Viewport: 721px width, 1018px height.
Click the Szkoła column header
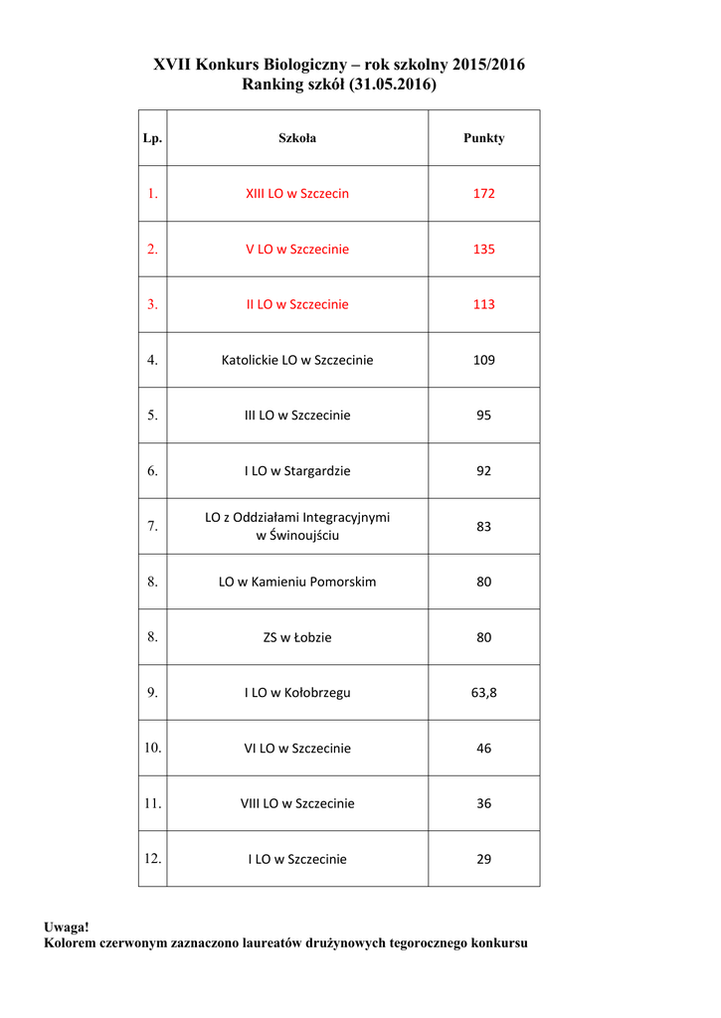tap(297, 138)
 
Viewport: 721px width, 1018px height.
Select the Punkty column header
tap(483, 138)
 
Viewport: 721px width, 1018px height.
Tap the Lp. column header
tap(152, 138)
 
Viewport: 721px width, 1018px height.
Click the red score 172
tap(483, 194)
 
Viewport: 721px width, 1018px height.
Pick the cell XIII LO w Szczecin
tap(297, 194)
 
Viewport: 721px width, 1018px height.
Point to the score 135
tap(483, 250)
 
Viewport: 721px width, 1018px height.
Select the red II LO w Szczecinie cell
tap(297, 305)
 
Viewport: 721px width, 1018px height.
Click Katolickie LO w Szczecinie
tap(297, 360)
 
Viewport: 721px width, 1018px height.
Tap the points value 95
tap(483, 416)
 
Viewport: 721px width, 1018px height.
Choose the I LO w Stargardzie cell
tap(297, 471)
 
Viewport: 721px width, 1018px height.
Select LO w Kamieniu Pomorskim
tap(297, 582)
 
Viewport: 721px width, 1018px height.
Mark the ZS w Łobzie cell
tap(297, 637)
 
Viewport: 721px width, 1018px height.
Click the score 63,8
tap(483, 693)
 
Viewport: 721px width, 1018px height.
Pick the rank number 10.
tap(152, 747)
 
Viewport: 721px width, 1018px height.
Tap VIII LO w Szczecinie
tap(297, 803)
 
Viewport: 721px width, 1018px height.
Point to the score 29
tap(483, 859)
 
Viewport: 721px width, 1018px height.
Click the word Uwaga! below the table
tap(67, 927)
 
